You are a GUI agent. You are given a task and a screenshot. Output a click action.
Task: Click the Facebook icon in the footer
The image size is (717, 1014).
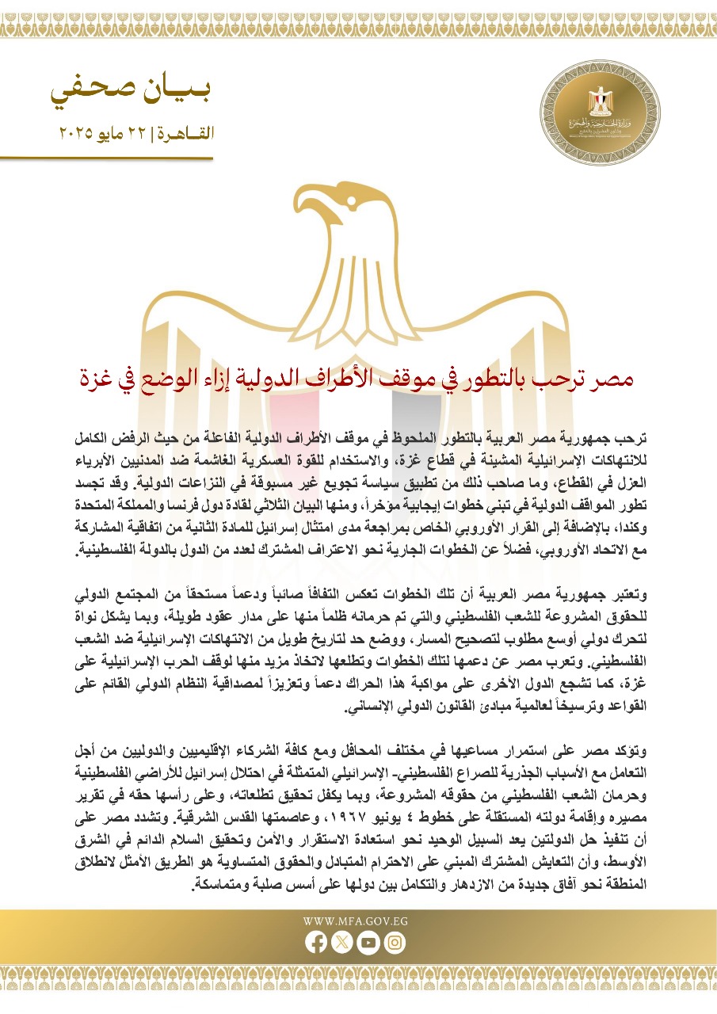tap(315, 942)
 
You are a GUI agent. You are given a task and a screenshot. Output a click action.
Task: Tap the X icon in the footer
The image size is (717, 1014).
tap(341, 942)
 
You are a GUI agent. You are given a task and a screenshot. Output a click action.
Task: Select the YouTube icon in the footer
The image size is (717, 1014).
tap(368, 942)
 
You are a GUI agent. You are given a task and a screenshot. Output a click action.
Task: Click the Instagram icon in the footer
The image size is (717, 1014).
tap(395, 942)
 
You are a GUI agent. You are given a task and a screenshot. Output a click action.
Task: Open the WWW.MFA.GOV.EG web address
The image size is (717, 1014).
tap(355, 921)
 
